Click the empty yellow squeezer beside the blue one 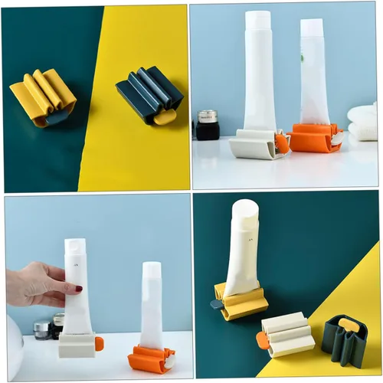click(43, 97)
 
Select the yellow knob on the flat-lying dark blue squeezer click(164, 116)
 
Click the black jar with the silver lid click(207, 124)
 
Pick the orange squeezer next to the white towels click(315, 138)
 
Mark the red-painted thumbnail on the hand click(78, 289)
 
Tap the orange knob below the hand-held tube click(99, 344)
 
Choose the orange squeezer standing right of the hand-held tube click(150, 358)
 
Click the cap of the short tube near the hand click(152, 270)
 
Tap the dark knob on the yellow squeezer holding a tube click(217, 304)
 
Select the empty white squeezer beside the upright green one click(286, 334)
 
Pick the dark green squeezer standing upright click(345, 340)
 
